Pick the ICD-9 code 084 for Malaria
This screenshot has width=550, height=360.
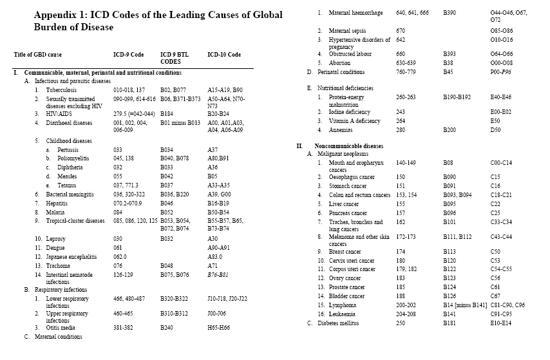click(119, 211)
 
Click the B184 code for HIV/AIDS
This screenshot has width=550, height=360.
click(167, 113)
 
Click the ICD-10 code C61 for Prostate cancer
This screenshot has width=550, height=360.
click(495, 287)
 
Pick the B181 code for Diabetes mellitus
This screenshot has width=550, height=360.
click(449, 323)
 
